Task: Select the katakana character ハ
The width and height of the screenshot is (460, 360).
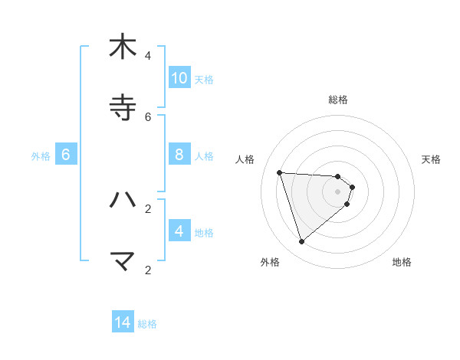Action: tap(123, 200)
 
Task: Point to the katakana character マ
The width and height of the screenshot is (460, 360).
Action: tap(123, 261)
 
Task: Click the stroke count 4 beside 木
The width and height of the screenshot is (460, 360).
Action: tap(148, 55)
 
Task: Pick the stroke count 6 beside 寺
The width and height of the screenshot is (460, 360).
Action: tap(148, 116)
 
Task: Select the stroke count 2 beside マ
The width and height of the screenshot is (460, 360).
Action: tap(148, 270)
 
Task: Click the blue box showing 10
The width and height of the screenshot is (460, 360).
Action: tap(179, 77)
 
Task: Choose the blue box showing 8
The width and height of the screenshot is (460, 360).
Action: tap(179, 154)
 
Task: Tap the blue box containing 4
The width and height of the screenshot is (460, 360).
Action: tap(179, 231)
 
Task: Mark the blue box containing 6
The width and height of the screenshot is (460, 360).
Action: tap(66, 154)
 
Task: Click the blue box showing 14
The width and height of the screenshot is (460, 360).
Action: tap(123, 322)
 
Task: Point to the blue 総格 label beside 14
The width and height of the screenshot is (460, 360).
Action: tap(147, 324)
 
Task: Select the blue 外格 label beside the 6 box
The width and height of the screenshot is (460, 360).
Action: tap(41, 156)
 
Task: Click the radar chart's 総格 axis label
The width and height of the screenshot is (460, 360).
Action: tap(338, 100)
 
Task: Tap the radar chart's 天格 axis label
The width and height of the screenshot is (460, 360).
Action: tap(431, 159)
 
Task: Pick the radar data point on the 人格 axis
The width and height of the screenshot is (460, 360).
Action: tap(280, 172)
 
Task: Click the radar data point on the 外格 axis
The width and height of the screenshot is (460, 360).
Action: tap(301, 242)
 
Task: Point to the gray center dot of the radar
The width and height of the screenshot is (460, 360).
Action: tap(338, 202)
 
